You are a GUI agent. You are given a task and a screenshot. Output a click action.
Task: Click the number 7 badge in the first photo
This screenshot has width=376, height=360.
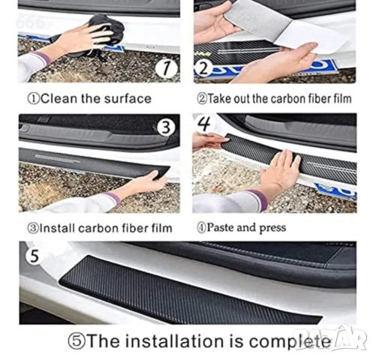click(166, 68)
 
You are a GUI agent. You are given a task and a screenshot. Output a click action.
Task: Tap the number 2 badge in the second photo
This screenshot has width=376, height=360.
click(203, 68)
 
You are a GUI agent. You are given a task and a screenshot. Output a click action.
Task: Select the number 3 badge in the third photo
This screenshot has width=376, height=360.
click(166, 127)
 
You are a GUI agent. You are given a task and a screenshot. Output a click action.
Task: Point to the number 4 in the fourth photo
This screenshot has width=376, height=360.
click(204, 124)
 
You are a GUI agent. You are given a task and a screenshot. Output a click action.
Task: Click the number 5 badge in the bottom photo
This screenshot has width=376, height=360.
click(34, 256)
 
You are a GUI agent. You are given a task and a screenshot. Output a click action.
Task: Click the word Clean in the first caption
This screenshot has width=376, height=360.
click(59, 98)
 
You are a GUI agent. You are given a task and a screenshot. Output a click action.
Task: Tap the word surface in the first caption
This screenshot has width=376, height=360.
click(128, 98)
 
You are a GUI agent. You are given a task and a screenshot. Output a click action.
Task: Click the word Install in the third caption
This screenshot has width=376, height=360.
click(59, 228)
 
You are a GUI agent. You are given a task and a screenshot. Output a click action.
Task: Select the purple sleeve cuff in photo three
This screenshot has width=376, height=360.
click(113, 198)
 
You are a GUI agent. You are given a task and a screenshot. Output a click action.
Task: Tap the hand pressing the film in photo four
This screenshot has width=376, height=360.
click(280, 172)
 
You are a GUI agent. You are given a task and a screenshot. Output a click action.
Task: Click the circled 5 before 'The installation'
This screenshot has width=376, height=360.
click(77, 342)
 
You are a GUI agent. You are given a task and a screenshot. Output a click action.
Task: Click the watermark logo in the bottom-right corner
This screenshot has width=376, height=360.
click(330, 339)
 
